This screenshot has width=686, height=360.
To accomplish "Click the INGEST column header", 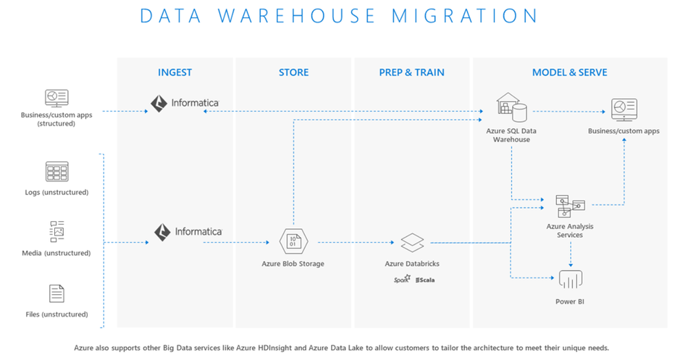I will pyautogui.click(x=174, y=72).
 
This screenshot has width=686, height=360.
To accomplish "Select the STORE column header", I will pyautogui.click(x=293, y=72).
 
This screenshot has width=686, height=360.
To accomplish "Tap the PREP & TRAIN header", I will pyautogui.click(x=411, y=72).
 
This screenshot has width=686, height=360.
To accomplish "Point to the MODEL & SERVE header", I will pyautogui.click(x=569, y=72).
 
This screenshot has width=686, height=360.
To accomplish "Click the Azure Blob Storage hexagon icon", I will pyautogui.click(x=293, y=242).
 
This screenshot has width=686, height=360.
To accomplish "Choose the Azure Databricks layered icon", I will pyautogui.click(x=412, y=242).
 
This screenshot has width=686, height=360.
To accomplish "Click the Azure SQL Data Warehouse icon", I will pyautogui.click(x=512, y=106).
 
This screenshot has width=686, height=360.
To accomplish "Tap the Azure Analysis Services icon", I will pyautogui.click(x=570, y=205).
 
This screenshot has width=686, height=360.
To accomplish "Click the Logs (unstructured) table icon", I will pyautogui.click(x=57, y=172).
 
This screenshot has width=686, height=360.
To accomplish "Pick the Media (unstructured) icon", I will pyautogui.click(x=57, y=232).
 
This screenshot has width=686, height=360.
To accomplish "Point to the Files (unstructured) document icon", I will pyautogui.click(x=57, y=293).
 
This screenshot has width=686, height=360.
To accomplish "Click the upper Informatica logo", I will pyautogui.click(x=185, y=104).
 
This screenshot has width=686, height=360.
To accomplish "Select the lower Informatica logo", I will pyautogui.click(x=187, y=232).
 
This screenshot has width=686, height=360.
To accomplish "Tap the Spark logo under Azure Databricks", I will pyautogui.click(x=402, y=280).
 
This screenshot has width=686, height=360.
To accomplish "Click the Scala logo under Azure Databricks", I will pyautogui.click(x=425, y=280).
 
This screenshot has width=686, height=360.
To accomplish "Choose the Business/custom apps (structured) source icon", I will pyautogui.click(x=56, y=98).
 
